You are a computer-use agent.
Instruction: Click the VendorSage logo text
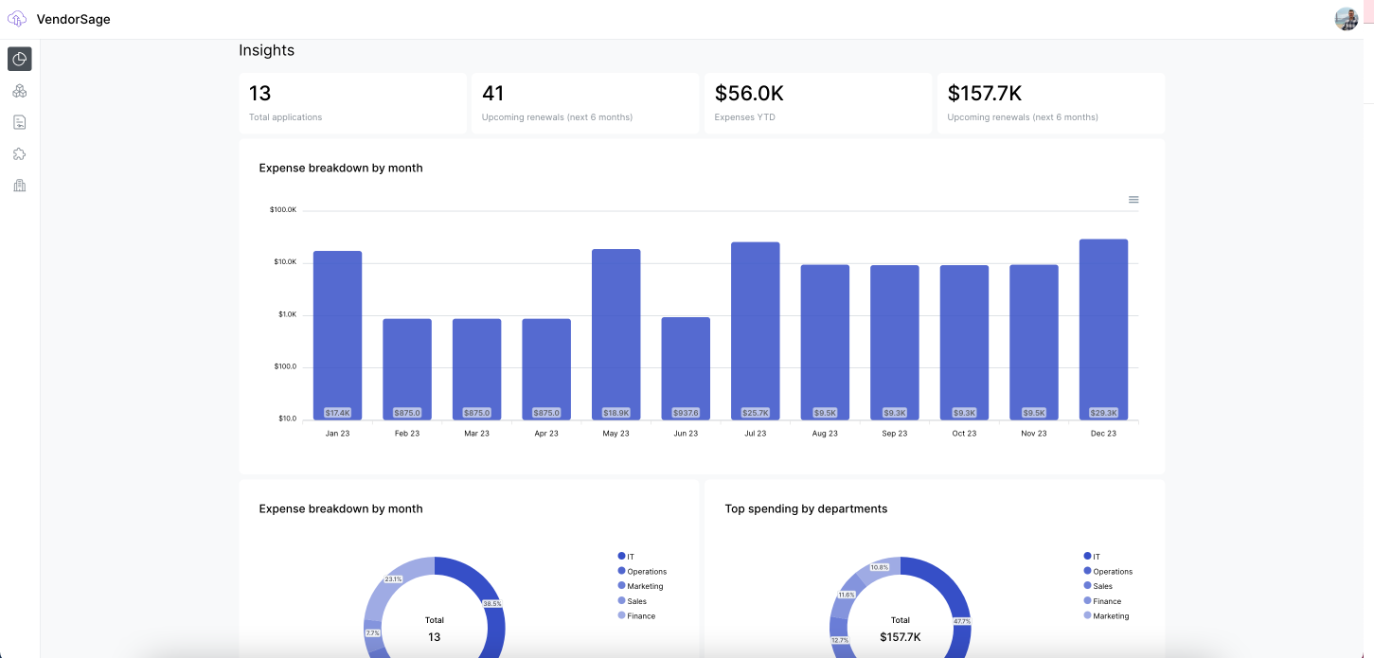click(73, 19)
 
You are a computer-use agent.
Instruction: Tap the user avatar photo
click(1347, 19)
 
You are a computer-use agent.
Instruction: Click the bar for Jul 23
click(755, 330)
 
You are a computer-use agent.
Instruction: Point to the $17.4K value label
click(337, 413)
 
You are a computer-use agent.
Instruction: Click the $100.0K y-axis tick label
click(283, 209)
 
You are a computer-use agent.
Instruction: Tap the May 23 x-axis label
click(616, 434)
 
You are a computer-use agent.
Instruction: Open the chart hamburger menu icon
click(1133, 200)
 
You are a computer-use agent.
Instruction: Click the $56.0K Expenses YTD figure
click(749, 94)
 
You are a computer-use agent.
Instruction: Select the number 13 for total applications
click(259, 94)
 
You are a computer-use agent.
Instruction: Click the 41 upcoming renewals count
click(492, 94)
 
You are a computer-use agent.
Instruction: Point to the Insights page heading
click(266, 50)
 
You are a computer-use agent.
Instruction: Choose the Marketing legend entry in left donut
click(645, 586)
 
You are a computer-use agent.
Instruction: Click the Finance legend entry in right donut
click(1106, 601)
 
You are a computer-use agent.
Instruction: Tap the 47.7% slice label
click(961, 621)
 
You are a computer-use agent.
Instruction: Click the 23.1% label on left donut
click(393, 578)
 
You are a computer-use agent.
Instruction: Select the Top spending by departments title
click(806, 508)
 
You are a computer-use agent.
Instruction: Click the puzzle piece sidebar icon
click(20, 153)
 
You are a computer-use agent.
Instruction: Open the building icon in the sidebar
click(20, 186)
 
